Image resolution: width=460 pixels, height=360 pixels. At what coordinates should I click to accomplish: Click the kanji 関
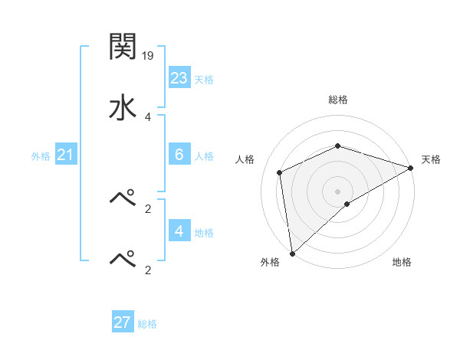click(123, 47)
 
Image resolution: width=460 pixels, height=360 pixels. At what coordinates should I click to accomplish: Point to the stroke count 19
click(149, 55)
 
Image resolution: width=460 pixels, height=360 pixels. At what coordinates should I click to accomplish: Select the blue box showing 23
click(179, 78)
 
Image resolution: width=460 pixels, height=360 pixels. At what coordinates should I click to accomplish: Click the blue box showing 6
click(179, 155)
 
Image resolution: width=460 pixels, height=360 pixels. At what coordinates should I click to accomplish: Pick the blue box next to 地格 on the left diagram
click(179, 231)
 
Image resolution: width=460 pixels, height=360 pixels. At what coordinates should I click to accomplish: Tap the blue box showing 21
click(65, 155)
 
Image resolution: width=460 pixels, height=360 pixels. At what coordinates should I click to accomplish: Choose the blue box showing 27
click(123, 322)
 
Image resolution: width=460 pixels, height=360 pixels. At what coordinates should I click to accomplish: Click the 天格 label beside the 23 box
click(204, 80)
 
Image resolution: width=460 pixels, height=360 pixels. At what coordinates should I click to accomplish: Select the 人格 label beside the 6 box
click(204, 156)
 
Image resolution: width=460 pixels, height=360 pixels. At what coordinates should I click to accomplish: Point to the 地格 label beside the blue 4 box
click(204, 233)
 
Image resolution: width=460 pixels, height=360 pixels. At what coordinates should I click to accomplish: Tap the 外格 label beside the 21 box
click(41, 156)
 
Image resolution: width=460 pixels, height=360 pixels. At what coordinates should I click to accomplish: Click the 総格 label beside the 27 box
click(147, 324)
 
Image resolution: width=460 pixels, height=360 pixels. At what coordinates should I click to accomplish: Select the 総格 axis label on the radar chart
click(338, 100)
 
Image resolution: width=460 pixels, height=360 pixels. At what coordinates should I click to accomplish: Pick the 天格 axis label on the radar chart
click(432, 159)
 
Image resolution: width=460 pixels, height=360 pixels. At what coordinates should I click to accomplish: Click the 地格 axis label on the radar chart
click(402, 263)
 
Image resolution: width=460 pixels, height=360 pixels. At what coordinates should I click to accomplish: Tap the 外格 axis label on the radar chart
click(270, 263)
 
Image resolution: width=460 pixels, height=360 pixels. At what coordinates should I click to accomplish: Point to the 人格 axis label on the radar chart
click(245, 159)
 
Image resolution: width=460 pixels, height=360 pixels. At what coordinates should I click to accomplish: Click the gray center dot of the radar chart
click(338, 191)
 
